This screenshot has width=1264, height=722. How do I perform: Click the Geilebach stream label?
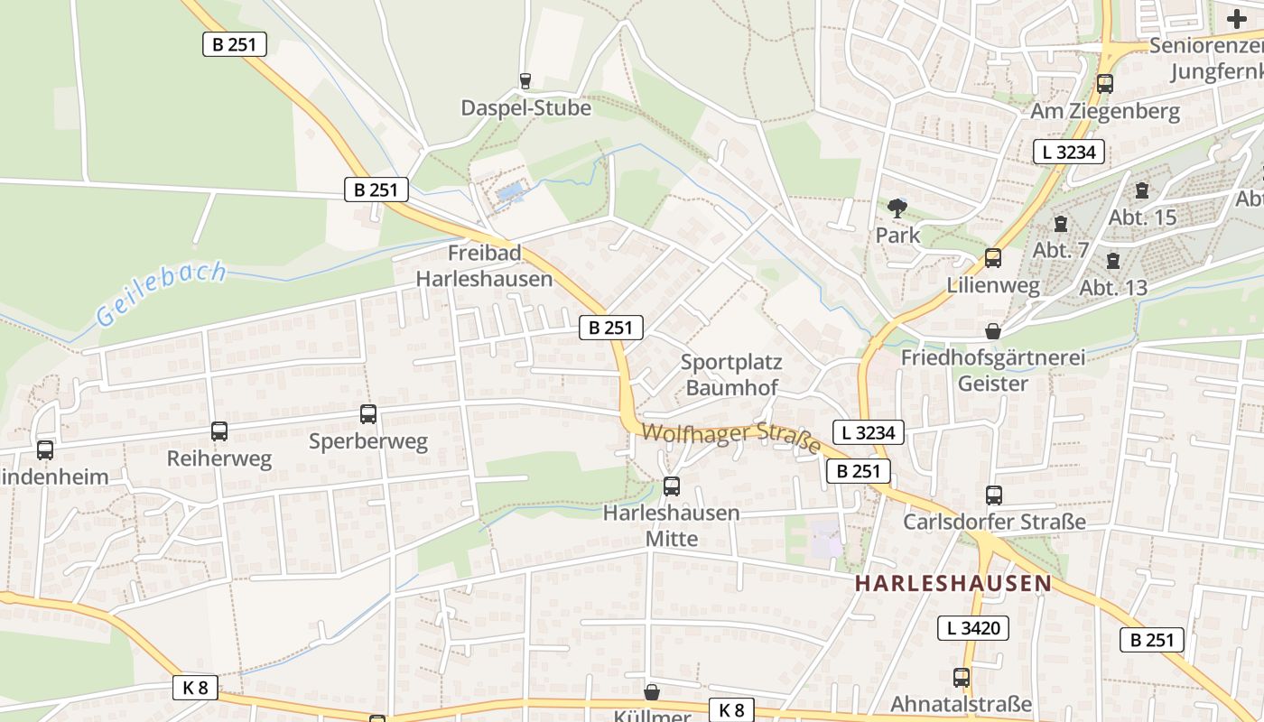tap(161, 293)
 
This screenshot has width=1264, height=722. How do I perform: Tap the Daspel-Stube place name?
tap(525, 108)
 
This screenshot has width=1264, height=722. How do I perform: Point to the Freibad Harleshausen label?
tap(484, 265)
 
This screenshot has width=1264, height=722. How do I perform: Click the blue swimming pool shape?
tap(509, 192)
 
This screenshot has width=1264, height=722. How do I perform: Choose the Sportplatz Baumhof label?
tap(731, 375)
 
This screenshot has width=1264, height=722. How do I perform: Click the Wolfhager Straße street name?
tap(731, 440)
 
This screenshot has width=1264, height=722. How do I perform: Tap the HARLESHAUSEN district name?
tap(953, 583)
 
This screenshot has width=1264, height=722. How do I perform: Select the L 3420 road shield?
tap(972, 628)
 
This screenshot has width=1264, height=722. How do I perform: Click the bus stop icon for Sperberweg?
tap(368, 414)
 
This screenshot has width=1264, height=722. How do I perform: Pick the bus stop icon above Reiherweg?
tap(219, 431)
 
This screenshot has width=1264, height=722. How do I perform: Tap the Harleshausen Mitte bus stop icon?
tap(671, 486)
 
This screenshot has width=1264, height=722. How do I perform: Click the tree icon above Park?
tap(897, 208)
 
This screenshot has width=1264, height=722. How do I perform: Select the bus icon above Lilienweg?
tap(993, 258)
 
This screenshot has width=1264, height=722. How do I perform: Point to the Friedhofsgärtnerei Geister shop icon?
tap(993, 331)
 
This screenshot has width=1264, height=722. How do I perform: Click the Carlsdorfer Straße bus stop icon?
tap(994, 495)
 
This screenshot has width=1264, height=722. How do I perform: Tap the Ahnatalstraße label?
tap(961, 704)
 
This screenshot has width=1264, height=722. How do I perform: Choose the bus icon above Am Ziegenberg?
tap(1105, 84)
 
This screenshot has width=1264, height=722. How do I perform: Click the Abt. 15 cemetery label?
tap(1142, 218)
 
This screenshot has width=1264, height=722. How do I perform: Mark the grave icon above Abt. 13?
tap(1113, 261)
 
